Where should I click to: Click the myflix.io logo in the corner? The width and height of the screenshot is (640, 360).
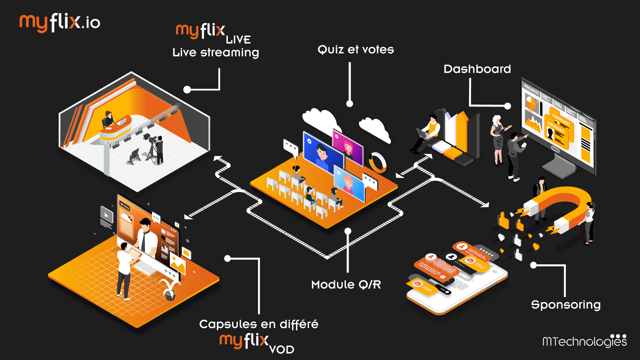(x=60, y=23)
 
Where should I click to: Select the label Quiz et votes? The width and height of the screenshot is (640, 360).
(x=356, y=50)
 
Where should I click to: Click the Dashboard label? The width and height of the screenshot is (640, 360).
(x=477, y=69)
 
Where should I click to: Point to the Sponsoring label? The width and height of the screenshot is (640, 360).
(x=566, y=305)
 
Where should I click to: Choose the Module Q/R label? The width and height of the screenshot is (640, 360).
(x=346, y=285)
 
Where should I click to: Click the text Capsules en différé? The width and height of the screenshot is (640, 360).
(x=259, y=324)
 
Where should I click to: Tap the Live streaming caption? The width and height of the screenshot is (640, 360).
(x=216, y=53)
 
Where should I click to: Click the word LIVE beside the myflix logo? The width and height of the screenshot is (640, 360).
(x=238, y=40)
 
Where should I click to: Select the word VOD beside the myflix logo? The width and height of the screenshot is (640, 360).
(x=281, y=350)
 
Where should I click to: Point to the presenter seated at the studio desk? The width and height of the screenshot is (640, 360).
(x=109, y=119)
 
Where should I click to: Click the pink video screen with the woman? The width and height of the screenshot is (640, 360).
(x=348, y=146)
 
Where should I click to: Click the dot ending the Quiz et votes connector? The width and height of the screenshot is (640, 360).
(x=349, y=104)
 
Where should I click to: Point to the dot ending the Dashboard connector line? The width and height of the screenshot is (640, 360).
(x=507, y=106)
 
